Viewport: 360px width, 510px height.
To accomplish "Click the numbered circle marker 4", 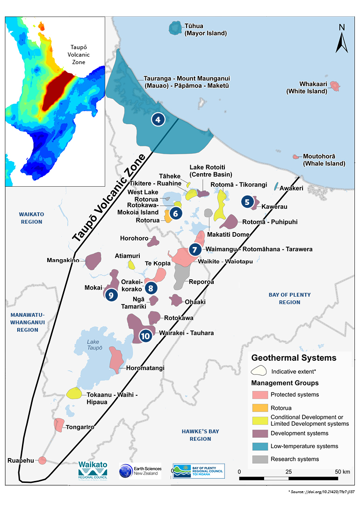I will (158, 120).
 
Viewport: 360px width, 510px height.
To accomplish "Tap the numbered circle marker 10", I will (145, 335).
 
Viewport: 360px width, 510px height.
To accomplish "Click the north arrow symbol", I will (342, 39).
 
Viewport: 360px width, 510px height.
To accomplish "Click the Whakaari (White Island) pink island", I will (334, 86).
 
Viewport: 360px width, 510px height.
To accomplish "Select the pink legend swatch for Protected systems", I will (259, 394).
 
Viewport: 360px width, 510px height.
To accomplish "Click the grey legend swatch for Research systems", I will (259, 459).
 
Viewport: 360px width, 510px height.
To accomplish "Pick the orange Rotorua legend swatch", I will (259, 407).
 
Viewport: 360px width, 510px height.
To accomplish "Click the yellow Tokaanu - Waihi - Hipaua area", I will (74, 393).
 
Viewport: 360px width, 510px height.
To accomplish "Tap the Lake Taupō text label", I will (93, 345).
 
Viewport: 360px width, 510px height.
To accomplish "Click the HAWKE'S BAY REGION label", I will (200, 435).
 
